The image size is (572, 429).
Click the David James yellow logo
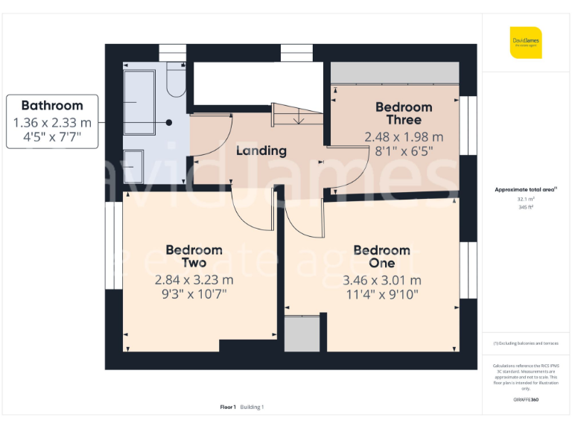tap(526, 42)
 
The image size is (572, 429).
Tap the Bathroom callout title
tap(51, 106)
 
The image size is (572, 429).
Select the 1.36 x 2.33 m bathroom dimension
tap(52, 122)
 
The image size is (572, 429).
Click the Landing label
tap(261, 150)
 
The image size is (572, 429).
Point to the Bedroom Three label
tap(404, 113)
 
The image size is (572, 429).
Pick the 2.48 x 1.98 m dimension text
tap(404, 137)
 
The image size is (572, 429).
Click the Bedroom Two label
tap(194, 256)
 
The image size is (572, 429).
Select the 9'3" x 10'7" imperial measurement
tap(194, 294)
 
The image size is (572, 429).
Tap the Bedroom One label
tap(381, 256)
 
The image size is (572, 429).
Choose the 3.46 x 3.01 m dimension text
tap(381, 281)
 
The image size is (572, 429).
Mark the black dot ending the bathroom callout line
tap(169, 122)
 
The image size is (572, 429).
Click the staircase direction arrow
tap(297, 117)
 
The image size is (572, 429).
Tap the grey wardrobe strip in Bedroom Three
tap(394, 73)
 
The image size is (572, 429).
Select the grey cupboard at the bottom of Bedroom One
tap(302, 334)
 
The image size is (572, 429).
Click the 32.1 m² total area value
tap(526, 199)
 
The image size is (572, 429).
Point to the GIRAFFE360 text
tap(526, 400)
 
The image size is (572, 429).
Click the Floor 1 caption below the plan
tap(228, 407)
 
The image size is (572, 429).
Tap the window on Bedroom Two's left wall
tap(114, 246)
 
